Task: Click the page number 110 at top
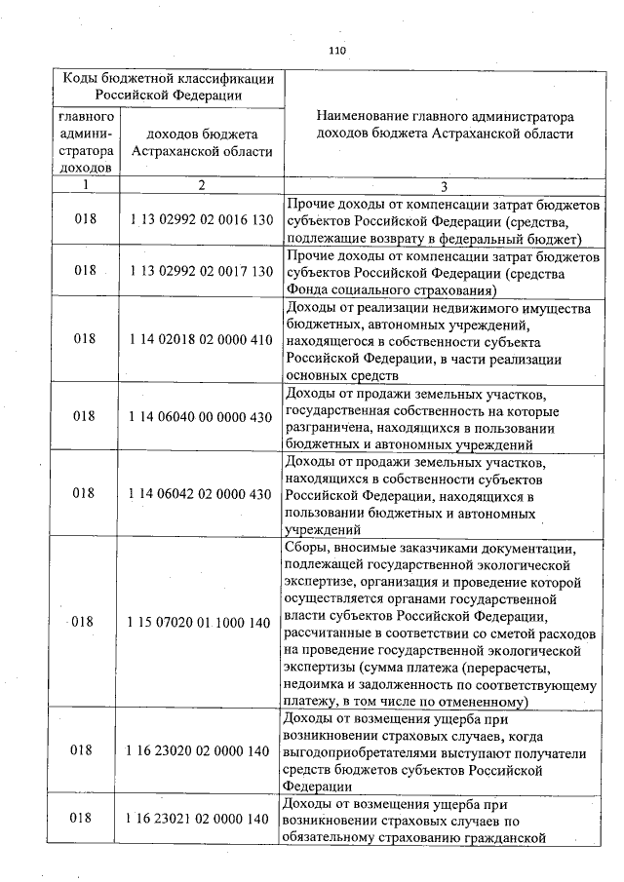click(x=338, y=51)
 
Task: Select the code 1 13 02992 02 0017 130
click(x=200, y=271)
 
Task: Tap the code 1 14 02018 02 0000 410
click(x=200, y=339)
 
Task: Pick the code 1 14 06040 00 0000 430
click(x=200, y=415)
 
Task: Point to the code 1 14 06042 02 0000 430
click(x=200, y=493)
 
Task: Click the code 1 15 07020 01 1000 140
click(x=200, y=622)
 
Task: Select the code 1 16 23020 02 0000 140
click(x=200, y=750)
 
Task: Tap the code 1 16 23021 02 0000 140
click(x=200, y=819)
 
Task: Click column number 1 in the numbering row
click(x=86, y=184)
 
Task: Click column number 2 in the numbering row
click(x=200, y=184)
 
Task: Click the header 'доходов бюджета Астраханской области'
click(x=200, y=142)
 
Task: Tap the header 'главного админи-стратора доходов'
click(x=86, y=142)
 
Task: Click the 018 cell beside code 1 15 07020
click(x=86, y=622)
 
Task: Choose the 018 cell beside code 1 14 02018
click(x=86, y=339)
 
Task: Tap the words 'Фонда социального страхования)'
click(x=392, y=289)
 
